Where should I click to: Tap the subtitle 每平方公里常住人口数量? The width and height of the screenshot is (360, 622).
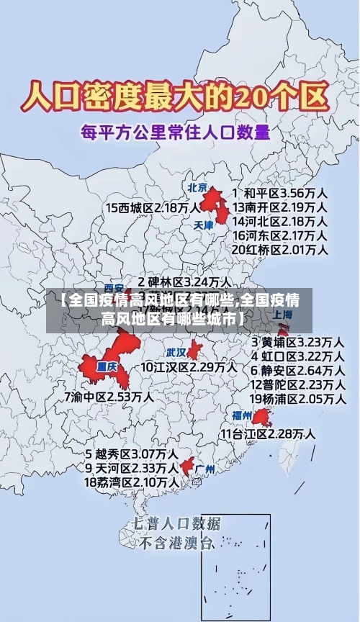tap(176, 132)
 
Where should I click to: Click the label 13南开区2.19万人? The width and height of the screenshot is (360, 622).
tap(281, 207)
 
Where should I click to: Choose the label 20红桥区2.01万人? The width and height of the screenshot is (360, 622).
tap(281, 250)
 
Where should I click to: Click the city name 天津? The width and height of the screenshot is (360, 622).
tap(204, 225)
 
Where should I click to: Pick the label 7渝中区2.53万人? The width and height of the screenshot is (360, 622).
tap(109, 397)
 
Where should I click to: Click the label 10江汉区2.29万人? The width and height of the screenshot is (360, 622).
tap(188, 367)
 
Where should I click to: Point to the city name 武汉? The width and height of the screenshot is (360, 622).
tap(176, 353)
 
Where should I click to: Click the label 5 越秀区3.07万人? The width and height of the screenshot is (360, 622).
tap(132, 454)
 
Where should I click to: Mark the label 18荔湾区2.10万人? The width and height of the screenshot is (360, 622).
tap(132, 482)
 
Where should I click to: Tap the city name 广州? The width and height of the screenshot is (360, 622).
tap(205, 469)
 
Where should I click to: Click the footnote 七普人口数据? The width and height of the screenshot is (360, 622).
tap(176, 524)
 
